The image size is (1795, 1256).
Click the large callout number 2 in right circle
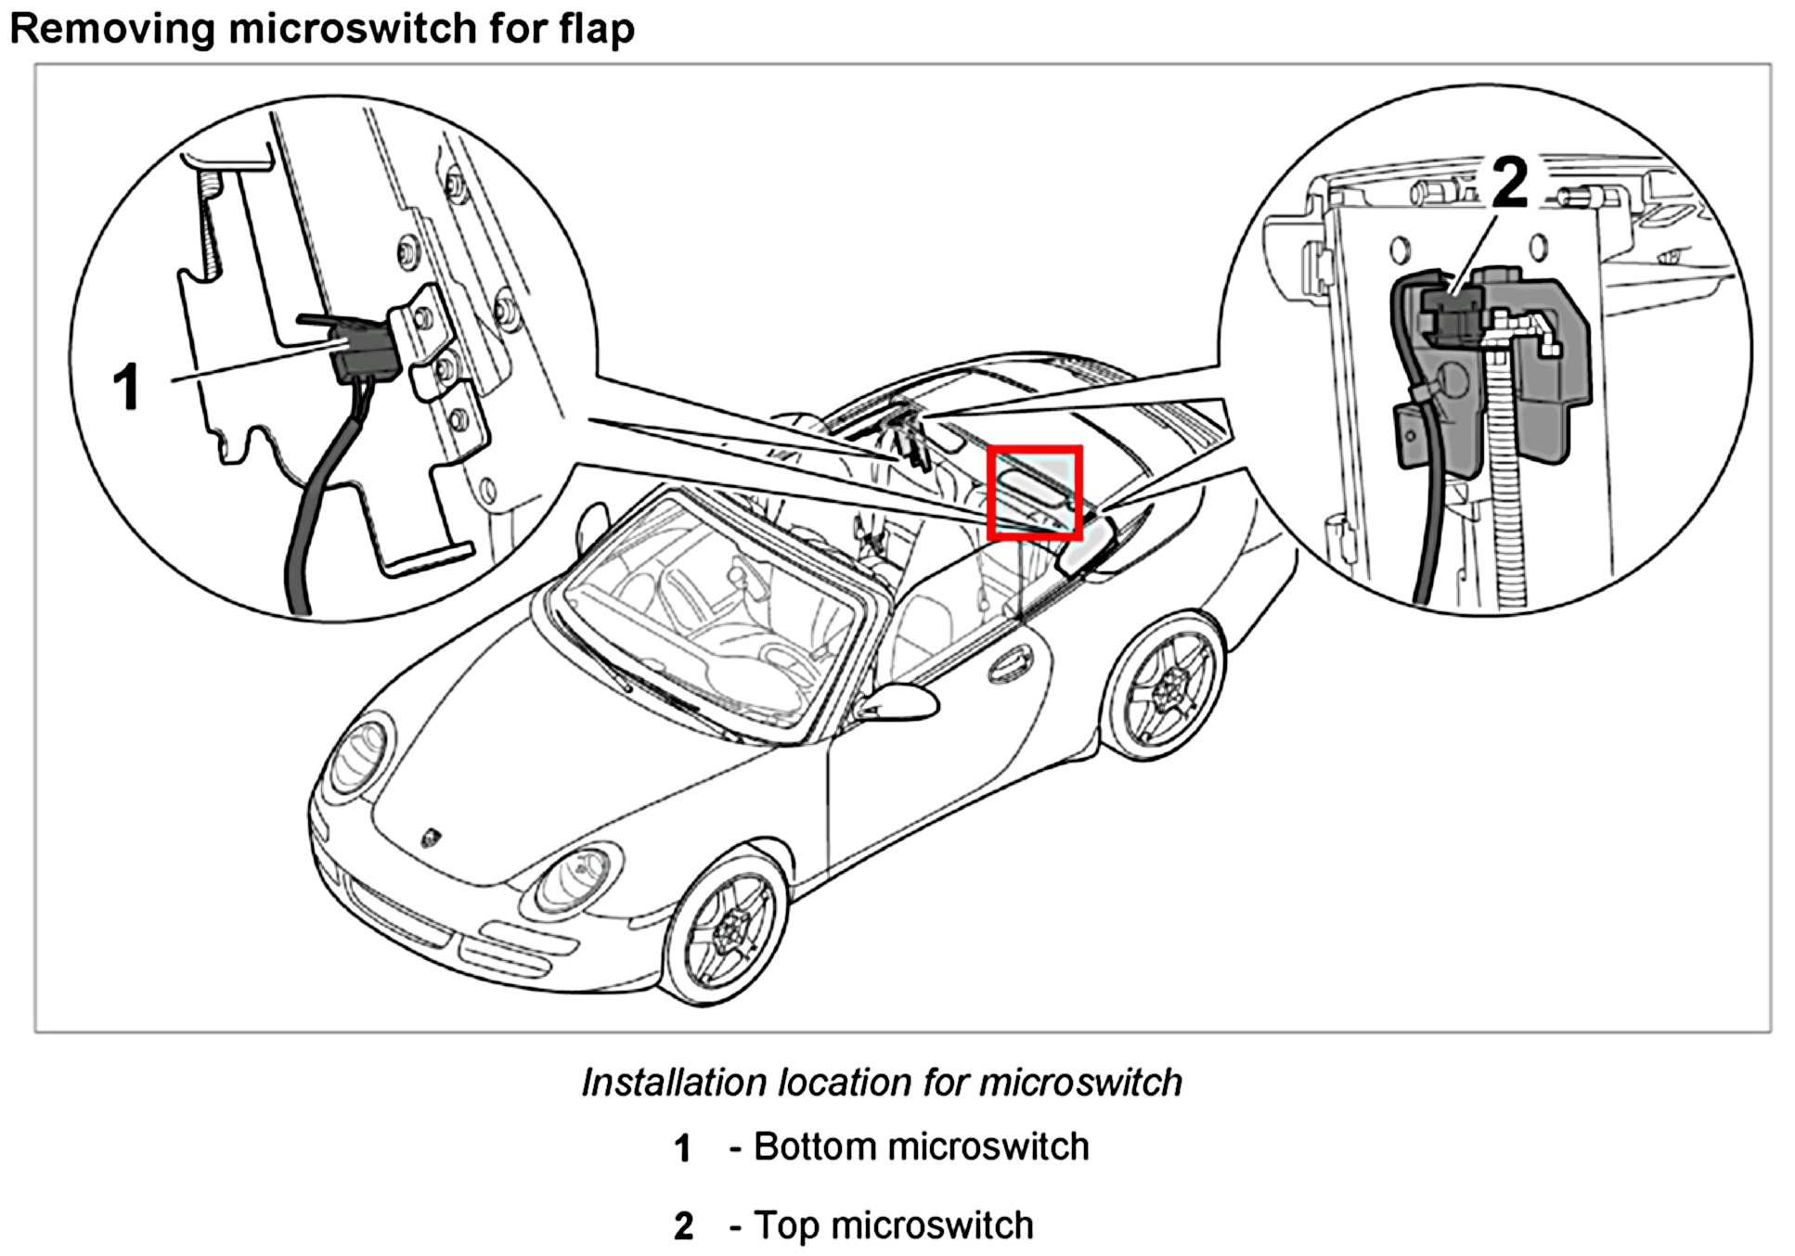point(1510,183)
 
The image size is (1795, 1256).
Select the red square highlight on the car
point(1034,493)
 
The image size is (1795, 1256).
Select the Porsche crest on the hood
point(433,838)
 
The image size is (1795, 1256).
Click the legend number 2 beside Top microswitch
point(683,1226)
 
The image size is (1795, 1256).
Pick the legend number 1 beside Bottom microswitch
point(683,1148)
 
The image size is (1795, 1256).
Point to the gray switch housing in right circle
point(1531,390)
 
